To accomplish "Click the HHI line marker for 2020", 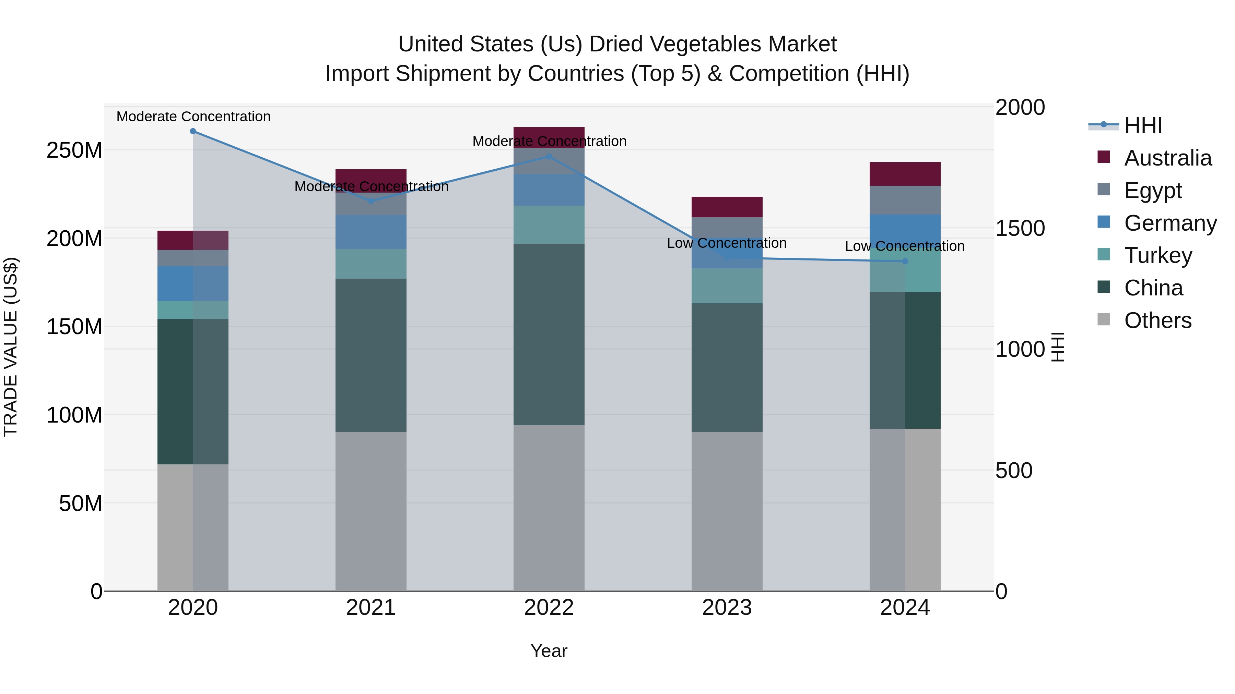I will click(193, 131).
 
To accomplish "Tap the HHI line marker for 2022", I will click(549, 157).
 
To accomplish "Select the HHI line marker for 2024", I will click(905, 261).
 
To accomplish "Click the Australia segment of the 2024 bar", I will click(905, 174).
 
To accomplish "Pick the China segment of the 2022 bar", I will click(549, 334).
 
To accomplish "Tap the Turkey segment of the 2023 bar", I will click(727, 286).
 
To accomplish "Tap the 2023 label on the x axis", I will click(727, 608).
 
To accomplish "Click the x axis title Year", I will click(549, 651).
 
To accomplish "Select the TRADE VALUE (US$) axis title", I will click(11, 347).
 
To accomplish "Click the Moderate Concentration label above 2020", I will click(193, 117).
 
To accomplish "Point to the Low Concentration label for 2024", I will click(904, 246).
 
